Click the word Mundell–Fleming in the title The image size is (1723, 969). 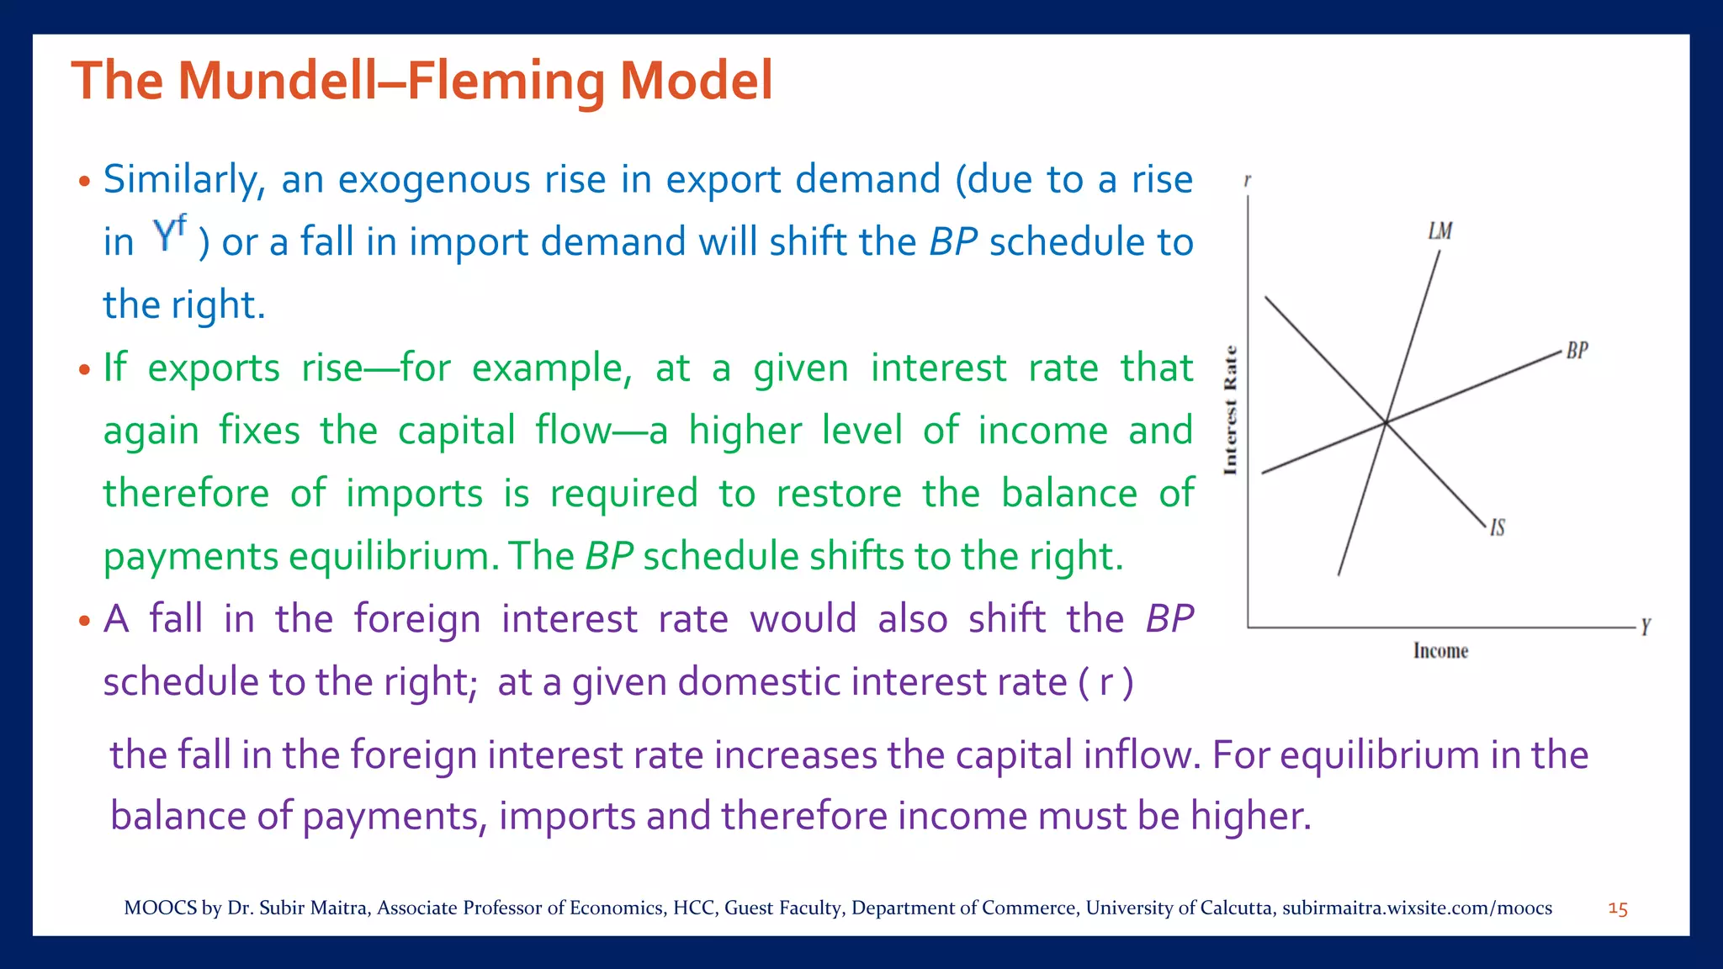click(392, 81)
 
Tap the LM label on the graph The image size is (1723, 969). click(1439, 230)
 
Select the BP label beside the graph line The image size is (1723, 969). click(1577, 351)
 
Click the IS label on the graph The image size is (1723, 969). click(1498, 527)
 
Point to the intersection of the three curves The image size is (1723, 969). click(1385, 422)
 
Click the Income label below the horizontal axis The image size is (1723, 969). click(1440, 651)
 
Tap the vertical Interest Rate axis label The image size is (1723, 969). click(1231, 410)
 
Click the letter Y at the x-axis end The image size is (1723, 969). click(1646, 627)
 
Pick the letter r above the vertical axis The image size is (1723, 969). click(1247, 181)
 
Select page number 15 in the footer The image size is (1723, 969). click(1617, 909)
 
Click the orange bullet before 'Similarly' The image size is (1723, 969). click(83, 182)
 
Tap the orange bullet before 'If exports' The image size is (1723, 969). click(83, 370)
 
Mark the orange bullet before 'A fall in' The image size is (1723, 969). click(83, 622)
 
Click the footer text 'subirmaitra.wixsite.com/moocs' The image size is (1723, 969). click(1417, 908)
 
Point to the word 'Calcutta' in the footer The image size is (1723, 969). click(1236, 908)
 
